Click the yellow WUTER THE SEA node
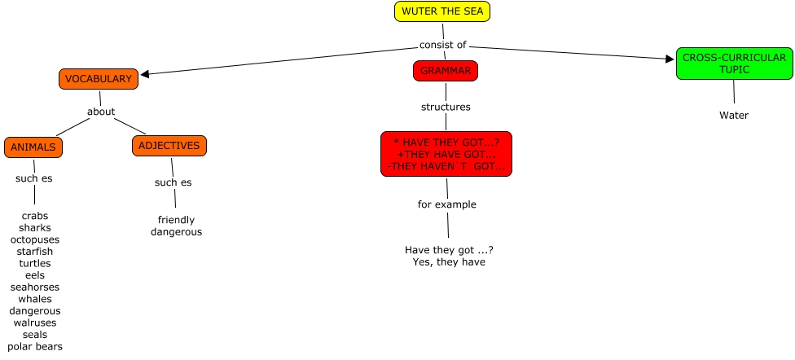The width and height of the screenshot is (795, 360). click(443, 11)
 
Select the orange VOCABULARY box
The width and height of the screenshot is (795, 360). click(98, 79)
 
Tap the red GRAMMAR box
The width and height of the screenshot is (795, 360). click(445, 71)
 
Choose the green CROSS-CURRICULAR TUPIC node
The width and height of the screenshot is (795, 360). click(734, 64)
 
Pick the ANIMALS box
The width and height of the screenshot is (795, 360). click(33, 147)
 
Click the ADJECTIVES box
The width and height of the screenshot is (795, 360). click(169, 146)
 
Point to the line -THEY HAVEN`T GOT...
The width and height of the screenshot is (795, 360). click(445, 167)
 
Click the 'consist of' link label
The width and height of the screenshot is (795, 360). click(443, 45)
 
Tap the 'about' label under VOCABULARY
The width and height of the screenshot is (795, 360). click(101, 112)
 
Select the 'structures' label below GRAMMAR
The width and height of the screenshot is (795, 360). click(446, 107)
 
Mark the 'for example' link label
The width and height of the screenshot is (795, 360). click(446, 204)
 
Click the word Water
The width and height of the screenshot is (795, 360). click(733, 115)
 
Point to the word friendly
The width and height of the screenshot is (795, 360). click(176, 220)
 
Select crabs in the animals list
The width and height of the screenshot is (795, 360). click(35, 216)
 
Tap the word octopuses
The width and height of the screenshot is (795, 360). click(35, 239)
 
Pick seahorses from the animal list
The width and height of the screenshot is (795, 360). click(35, 287)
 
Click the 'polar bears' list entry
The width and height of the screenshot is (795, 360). click(35, 346)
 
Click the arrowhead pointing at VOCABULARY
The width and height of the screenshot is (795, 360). click(145, 74)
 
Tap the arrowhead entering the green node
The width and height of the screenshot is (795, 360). click(670, 59)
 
